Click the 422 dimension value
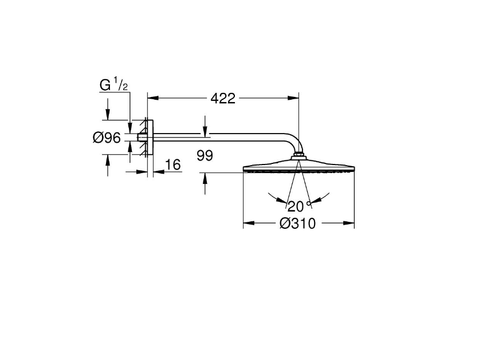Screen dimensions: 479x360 tap(223, 99)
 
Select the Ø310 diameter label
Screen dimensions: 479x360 tap(297, 224)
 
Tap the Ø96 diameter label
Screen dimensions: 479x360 tap(107, 138)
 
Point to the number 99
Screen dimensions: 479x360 tap(205, 156)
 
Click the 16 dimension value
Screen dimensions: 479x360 tap(173, 165)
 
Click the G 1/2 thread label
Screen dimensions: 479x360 tap(113, 85)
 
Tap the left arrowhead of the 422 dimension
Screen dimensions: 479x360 tap(154, 98)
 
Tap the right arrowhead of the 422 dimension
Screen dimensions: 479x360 tap(293, 98)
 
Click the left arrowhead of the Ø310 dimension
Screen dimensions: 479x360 tap(249, 223)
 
